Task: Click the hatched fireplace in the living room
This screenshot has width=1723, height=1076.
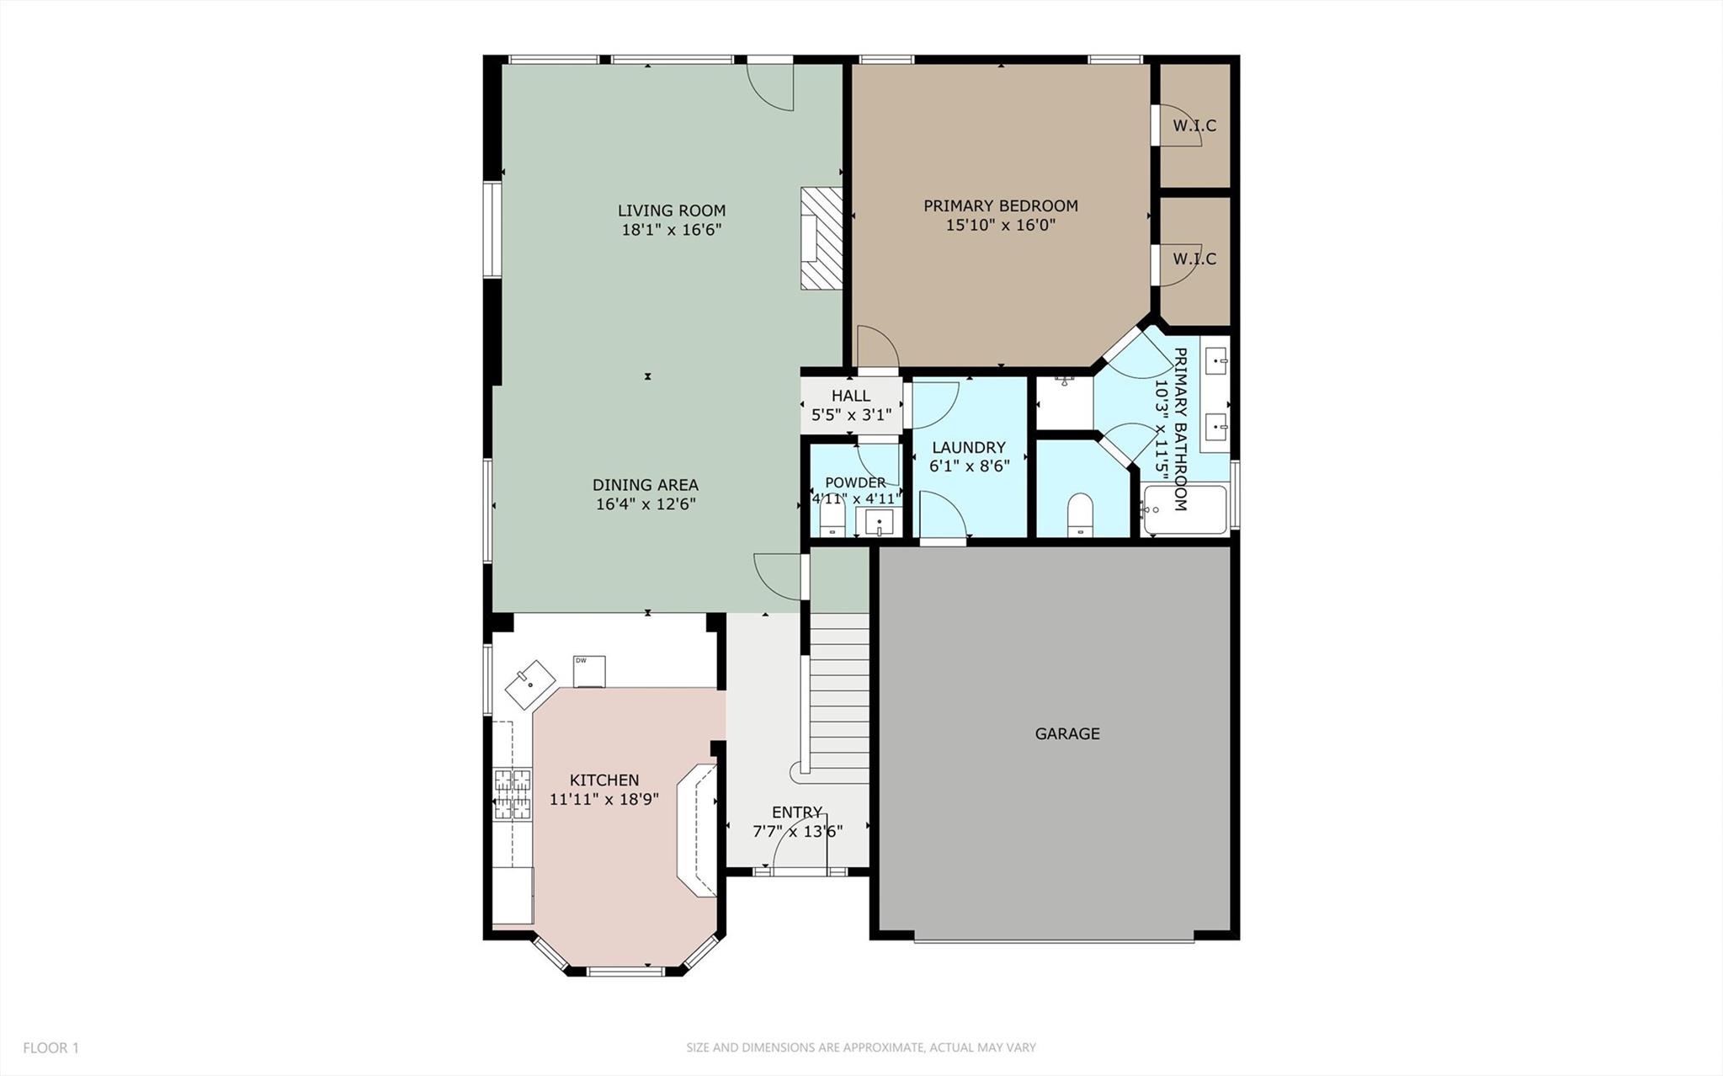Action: pyautogui.click(x=822, y=239)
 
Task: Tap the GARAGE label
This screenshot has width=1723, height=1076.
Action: pyautogui.click(x=1066, y=733)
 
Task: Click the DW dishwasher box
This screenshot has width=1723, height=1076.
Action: pyautogui.click(x=589, y=671)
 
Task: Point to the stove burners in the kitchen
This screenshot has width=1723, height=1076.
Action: pyautogui.click(x=512, y=794)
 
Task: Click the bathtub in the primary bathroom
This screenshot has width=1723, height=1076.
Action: pyautogui.click(x=1184, y=509)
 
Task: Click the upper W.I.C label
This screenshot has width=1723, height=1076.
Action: pyautogui.click(x=1194, y=125)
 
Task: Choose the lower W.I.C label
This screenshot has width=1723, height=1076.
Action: pyautogui.click(x=1194, y=258)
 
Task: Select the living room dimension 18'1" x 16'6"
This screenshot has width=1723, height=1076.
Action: pyautogui.click(x=672, y=230)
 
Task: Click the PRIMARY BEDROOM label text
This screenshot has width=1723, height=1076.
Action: pyautogui.click(x=1000, y=205)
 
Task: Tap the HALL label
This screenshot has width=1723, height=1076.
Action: pyautogui.click(x=851, y=396)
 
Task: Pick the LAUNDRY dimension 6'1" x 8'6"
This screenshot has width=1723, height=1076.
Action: pyautogui.click(x=969, y=466)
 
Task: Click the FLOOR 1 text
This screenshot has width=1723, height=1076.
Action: pyautogui.click(x=51, y=1047)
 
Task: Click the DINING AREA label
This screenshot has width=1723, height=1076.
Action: pyautogui.click(x=645, y=485)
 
